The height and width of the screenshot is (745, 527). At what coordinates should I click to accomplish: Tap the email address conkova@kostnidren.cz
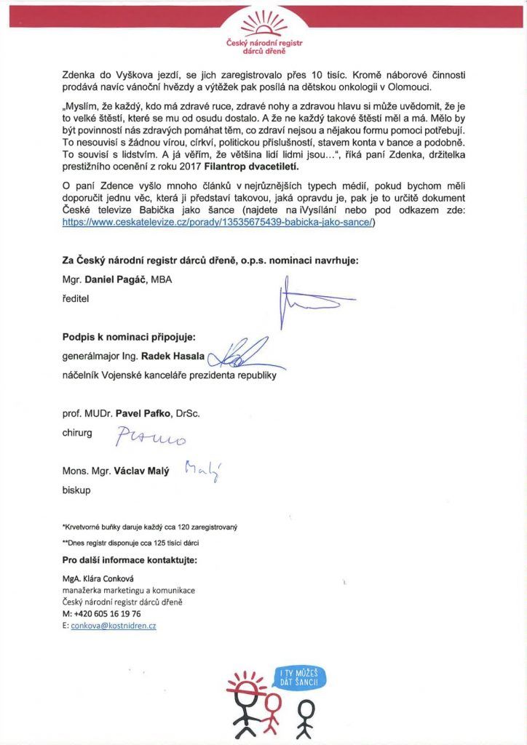pos(114,626)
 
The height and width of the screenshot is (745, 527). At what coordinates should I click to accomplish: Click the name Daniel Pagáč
pos(116,279)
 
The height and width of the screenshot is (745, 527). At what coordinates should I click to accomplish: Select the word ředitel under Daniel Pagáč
pos(76,298)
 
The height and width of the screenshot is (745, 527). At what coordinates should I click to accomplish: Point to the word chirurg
pos(78,432)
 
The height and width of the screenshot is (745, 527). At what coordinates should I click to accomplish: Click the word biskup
pos(76,490)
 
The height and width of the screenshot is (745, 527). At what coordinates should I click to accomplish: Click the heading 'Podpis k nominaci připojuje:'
pos(129,337)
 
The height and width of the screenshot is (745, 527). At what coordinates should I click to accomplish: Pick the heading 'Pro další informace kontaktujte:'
pos(130,559)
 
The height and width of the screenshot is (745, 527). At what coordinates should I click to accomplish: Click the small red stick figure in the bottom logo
pos(273,709)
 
